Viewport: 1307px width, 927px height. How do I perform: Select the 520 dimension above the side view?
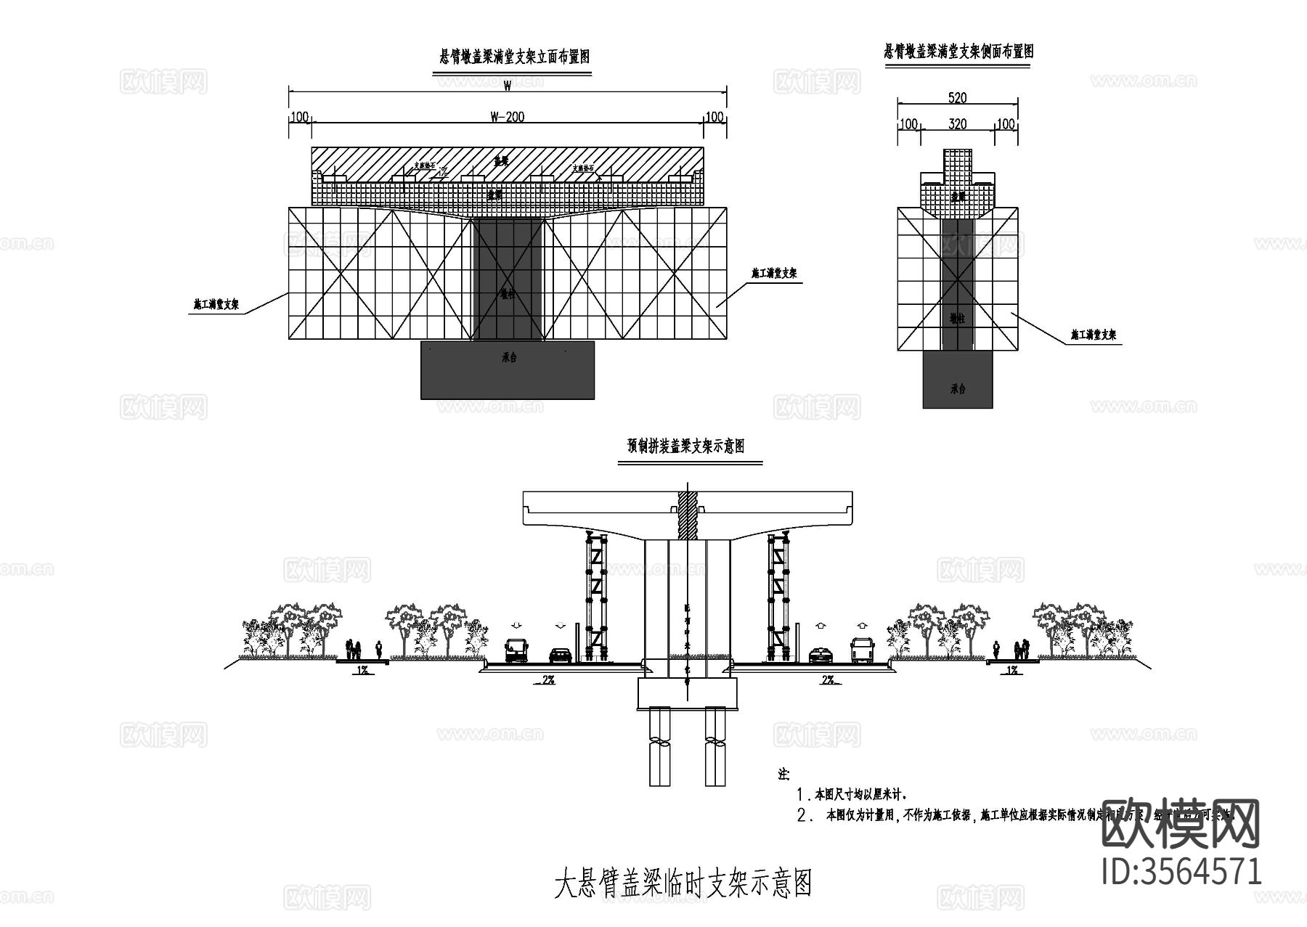pyautogui.click(x=958, y=98)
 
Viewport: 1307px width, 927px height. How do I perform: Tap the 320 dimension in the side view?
pyautogui.click(x=958, y=124)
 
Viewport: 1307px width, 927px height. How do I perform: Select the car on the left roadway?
pyautogui.click(x=560, y=656)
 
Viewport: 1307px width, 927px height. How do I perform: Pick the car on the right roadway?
pyautogui.click(x=821, y=656)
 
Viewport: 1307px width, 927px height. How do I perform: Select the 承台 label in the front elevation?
pyautogui.click(x=508, y=358)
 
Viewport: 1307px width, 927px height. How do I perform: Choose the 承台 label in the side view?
pyautogui.click(x=958, y=388)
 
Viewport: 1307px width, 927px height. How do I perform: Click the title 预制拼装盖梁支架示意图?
pyautogui.click(x=686, y=446)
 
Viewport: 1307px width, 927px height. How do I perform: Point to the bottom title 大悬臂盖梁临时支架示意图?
pyautogui.click(x=683, y=883)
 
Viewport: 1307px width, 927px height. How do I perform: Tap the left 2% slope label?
pyautogui.click(x=548, y=680)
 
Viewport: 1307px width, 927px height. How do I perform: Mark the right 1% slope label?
pyautogui.click(x=1011, y=671)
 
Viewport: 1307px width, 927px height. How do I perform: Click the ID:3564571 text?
pyautogui.click(x=1181, y=871)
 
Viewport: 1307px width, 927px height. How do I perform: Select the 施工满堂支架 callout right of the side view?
pyautogui.click(x=1093, y=335)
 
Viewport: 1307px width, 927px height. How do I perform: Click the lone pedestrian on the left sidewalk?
pyautogui.click(x=378, y=648)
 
